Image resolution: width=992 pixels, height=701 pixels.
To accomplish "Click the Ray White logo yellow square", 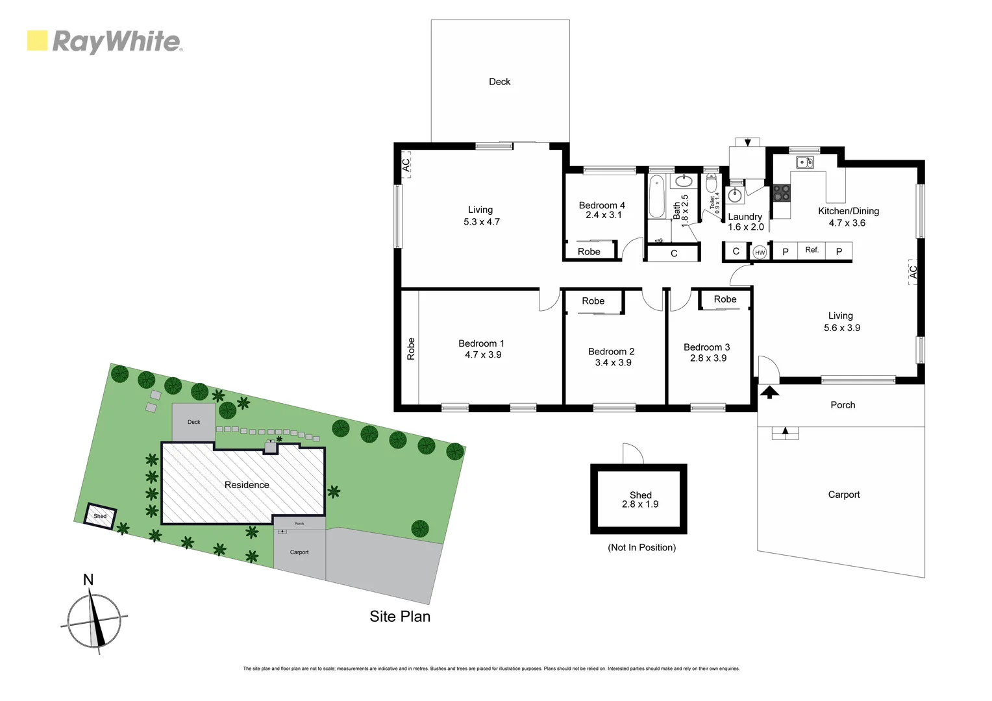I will [x=37, y=41].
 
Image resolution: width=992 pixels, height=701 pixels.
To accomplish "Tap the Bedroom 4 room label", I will [x=602, y=205].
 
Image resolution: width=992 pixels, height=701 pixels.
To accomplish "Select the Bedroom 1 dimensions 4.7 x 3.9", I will [x=482, y=355].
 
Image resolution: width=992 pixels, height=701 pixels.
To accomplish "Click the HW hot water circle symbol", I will [x=760, y=252].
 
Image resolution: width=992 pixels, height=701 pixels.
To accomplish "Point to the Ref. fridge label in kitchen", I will [x=812, y=250].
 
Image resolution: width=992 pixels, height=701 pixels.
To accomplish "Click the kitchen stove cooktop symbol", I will [x=782, y=193].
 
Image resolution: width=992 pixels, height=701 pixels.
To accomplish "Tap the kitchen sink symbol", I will [x=805, y=162].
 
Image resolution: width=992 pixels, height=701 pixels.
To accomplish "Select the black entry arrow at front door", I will [x=769, y=391].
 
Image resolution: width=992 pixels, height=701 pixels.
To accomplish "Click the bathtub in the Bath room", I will [x=657, y=196].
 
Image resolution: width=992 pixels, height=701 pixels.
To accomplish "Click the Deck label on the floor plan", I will [x=499, y=82].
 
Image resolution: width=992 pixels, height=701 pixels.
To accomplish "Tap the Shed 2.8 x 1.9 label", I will [x=640, y=500].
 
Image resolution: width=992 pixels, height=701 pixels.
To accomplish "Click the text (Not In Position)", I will [x=641, y=548].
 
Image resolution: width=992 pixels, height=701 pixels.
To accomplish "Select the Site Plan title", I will [x=400, y=617].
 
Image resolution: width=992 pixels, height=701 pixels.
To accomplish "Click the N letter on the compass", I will [x=88, y=580].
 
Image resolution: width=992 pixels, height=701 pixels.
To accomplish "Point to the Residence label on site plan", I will [x=247, y=485].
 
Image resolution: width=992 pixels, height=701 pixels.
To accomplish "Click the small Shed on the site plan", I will [x=101, y=516].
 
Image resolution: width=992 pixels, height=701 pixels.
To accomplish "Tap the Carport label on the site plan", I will [x=299, y=552].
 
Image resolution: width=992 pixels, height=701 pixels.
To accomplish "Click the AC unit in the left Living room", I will [x=406, y=166].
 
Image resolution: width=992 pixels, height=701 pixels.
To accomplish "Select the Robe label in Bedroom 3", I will [x=725, y=299].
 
